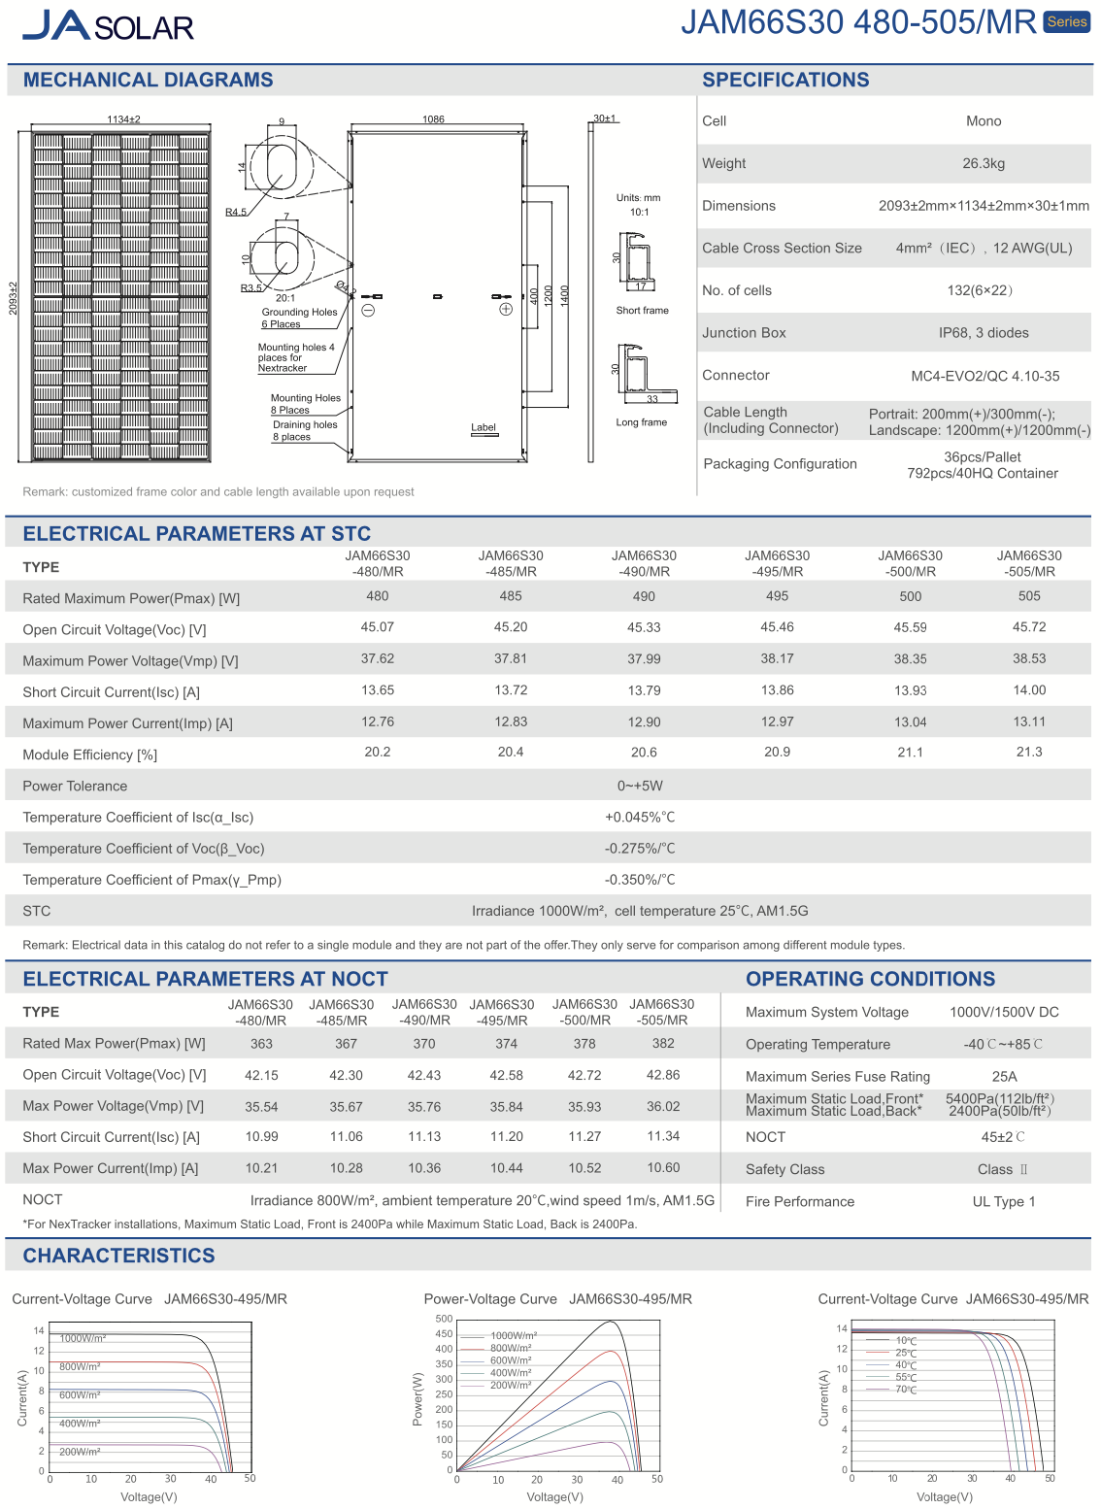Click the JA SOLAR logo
(x=108, y=25)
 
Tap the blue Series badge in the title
(x=1067, y=21)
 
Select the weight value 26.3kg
(x=983, y=163)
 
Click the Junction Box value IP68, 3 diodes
(x=983, y=333)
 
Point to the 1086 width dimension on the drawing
(x=433, y=119)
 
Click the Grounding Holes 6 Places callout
(x=298, y=318)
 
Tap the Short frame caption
(x=642, y=311)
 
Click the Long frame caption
(x=641, y=422)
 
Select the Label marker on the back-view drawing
(x=483, y=427)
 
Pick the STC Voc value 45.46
(x=777, y=627)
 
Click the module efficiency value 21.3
(x=1028, y=752)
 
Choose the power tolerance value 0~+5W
(x=640, y=786)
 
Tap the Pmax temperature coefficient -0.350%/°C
(x=640, y=880)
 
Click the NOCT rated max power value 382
(x=662, y=1043)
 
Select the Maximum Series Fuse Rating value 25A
(x=1004, y=1076)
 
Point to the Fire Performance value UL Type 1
(x=1003, y=1201)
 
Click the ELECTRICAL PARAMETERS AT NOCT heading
(x=205, y=979)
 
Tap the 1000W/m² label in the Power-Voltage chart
(x=513, y=1336)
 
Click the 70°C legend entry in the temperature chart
(x=906, y=1390)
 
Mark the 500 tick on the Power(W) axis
(x=444, y=1319)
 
